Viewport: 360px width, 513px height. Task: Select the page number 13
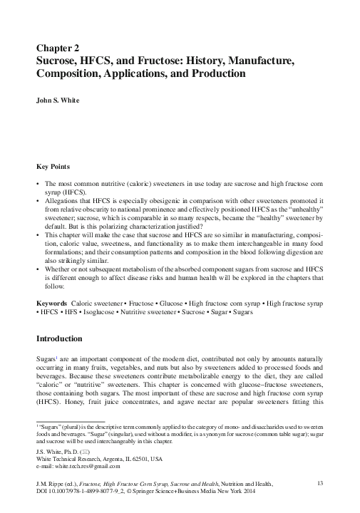tap(319, 484)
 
